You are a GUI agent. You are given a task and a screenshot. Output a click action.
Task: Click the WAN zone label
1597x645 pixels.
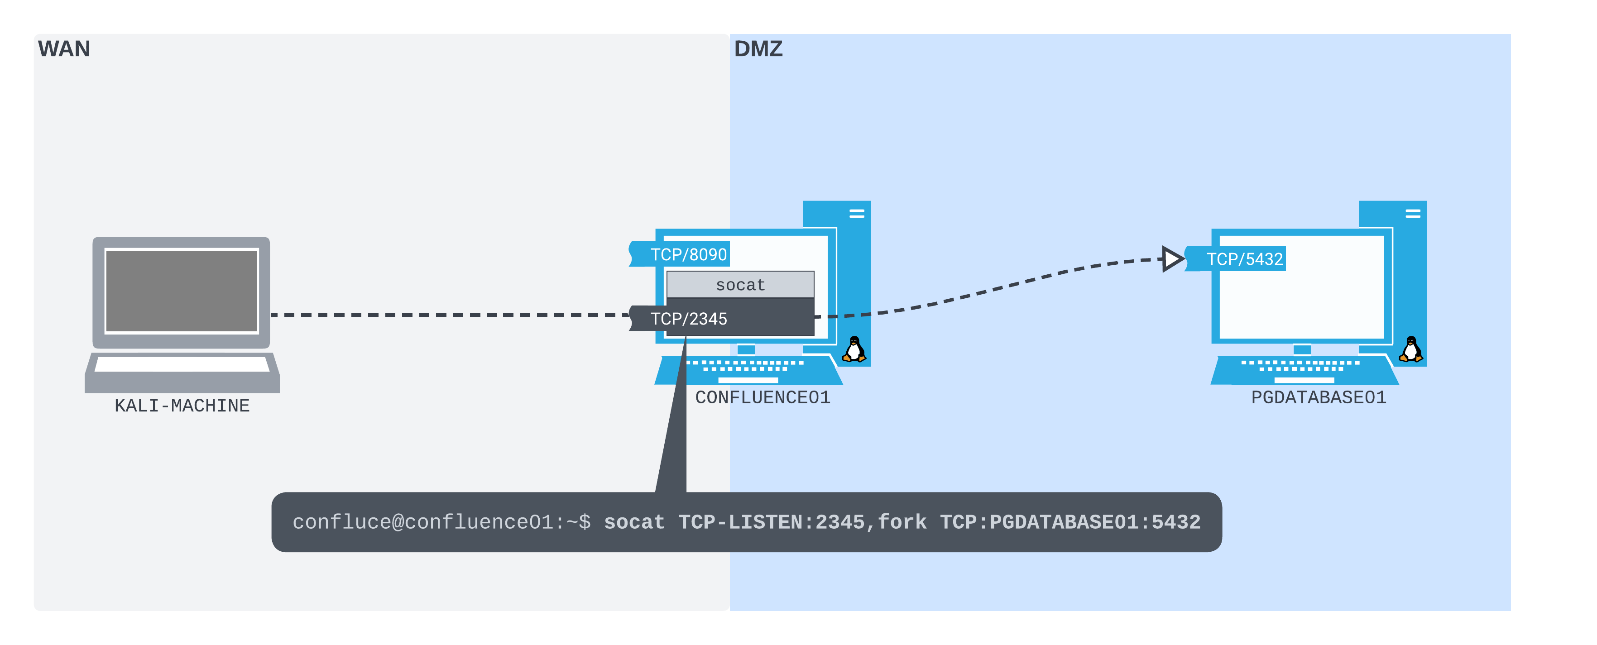64,48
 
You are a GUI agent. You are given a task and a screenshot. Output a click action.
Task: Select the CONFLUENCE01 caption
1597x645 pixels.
762,397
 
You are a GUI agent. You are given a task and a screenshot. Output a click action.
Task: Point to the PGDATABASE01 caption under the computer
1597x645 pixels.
1318,397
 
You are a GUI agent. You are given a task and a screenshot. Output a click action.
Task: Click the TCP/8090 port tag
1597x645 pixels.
687,254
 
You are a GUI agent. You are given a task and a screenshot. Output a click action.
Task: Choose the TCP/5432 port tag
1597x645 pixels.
1244,259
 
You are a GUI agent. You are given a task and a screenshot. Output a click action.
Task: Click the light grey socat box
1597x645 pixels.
740,284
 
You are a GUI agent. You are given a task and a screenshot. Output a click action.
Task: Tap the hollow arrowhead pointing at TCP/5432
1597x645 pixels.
1171,258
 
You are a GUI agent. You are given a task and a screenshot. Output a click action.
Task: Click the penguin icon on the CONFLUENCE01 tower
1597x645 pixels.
854,349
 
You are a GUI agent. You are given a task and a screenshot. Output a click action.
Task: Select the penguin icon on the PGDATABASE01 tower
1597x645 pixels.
1410,349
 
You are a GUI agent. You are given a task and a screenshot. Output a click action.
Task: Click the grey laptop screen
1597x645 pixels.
182,291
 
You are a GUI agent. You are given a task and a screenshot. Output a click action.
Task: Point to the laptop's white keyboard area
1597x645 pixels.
182,364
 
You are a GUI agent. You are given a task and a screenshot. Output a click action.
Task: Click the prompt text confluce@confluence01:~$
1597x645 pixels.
441,522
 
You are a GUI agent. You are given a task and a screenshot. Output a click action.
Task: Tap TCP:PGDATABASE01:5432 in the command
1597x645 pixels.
1070,522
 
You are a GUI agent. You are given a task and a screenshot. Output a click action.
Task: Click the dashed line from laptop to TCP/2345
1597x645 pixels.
446,315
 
